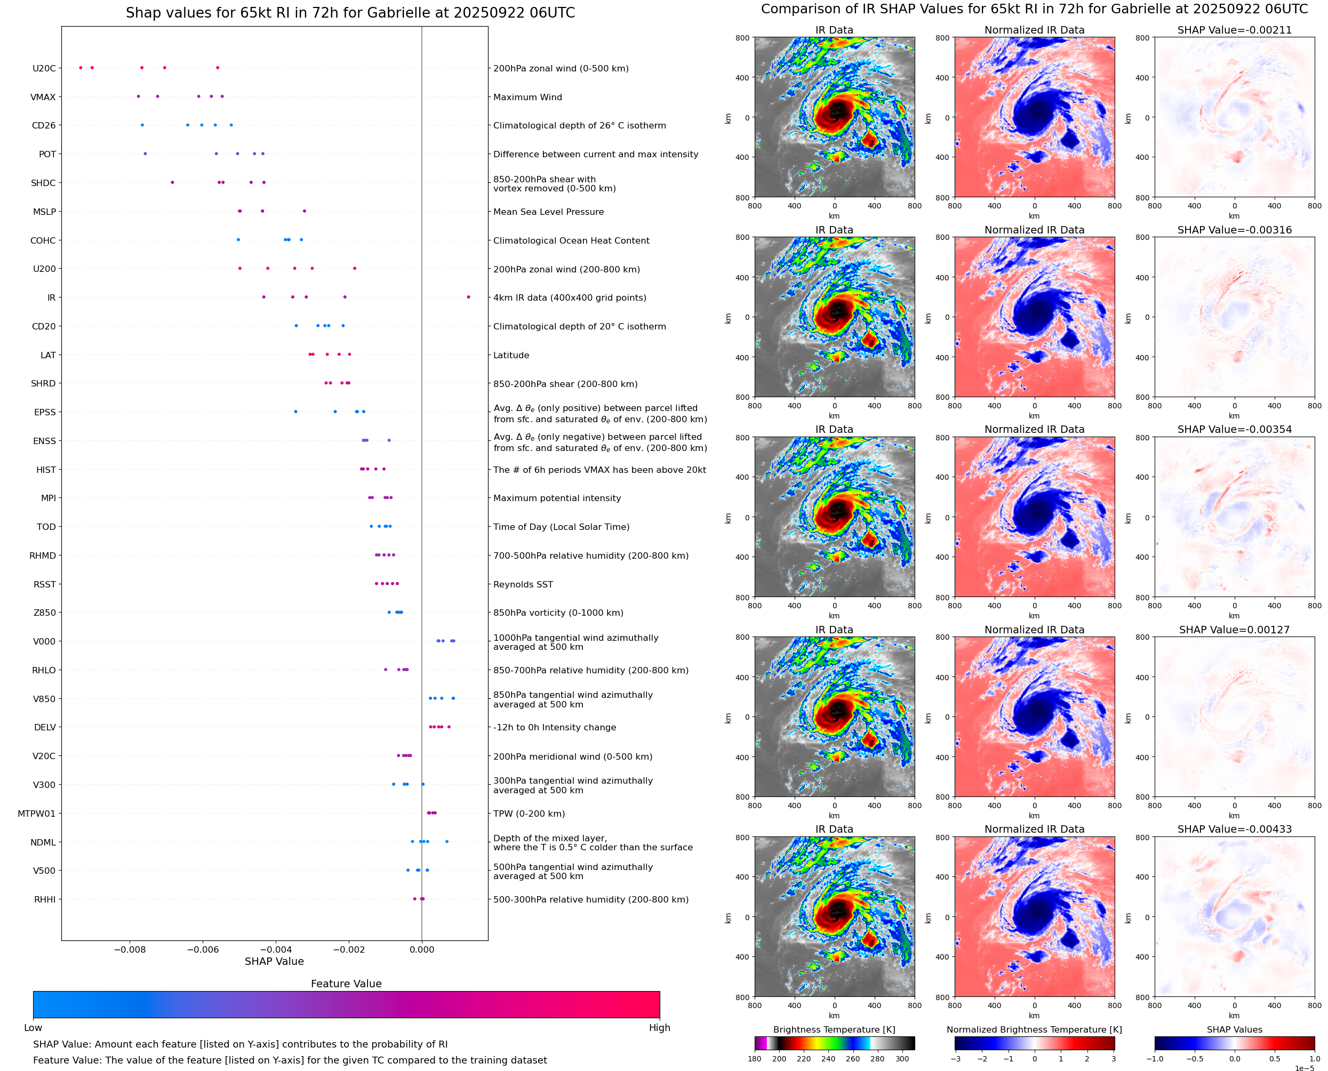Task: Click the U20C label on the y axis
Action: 44,68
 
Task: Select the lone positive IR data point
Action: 468,297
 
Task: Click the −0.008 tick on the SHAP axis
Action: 130,949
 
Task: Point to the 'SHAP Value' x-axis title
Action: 274,961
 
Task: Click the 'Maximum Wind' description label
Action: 527,97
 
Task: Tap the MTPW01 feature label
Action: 36,814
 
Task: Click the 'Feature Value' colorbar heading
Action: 346,984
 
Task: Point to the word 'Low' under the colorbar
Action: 33,1028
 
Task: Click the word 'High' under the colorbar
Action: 659,1028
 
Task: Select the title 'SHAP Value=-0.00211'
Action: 1234,30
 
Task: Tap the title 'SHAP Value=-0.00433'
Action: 1234,829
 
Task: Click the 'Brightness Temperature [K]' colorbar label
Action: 834,1029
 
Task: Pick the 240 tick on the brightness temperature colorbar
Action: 828,1059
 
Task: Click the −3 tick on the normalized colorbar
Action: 955,1059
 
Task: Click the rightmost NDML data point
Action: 447,841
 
